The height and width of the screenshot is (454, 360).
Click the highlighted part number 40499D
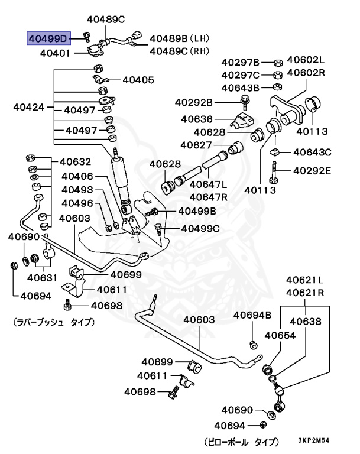coord(47,39)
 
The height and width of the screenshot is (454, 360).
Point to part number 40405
coord(137,79)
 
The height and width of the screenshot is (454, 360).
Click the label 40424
coord(28,108)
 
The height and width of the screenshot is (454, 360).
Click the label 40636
coord(198,118)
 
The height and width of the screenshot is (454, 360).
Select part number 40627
coord(197,144)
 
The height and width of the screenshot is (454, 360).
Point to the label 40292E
coord(309,172)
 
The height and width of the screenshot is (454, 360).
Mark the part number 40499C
coord(199,228)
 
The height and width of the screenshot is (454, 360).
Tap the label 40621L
coord(306,280)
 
